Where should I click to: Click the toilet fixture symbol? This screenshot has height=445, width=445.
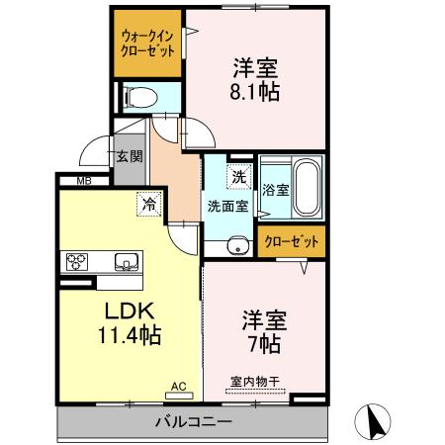(138, 97)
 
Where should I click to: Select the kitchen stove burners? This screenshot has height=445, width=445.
(76, 262)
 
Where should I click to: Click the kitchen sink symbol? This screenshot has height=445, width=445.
(127, 262)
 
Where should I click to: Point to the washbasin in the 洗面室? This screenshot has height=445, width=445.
(235, 247)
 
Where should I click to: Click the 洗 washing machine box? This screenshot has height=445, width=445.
(238, 177)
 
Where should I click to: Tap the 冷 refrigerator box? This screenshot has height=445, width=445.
(147, 206)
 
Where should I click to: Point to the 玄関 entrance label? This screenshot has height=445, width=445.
(128, 156)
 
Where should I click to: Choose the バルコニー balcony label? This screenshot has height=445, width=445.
(193, 422)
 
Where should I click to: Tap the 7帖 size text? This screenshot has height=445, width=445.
(265, 344)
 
